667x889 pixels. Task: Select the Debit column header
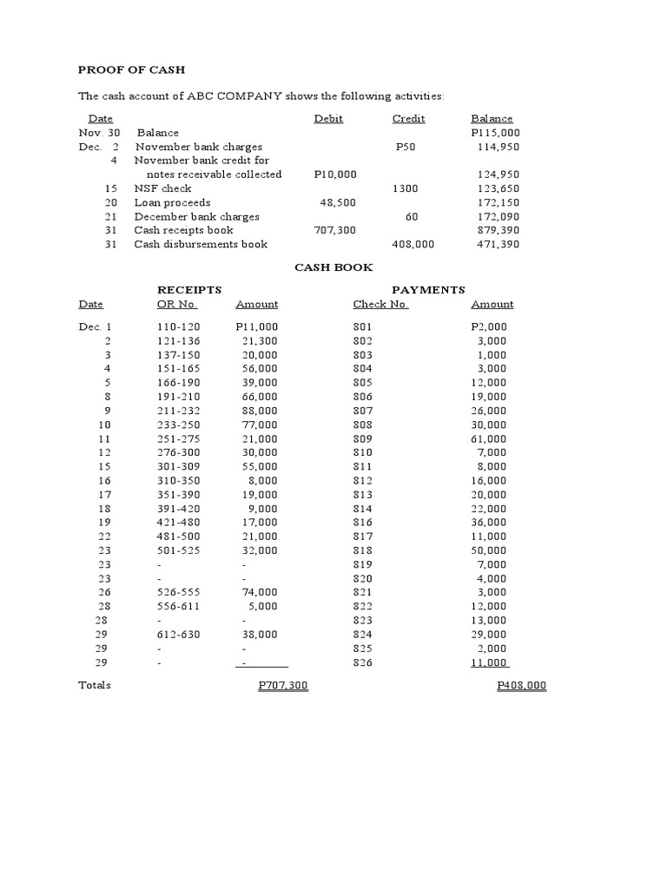(328, 119)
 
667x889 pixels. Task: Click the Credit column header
(408, 119)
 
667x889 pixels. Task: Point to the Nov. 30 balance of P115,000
(495, 133)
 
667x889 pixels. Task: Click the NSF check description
(162, 188)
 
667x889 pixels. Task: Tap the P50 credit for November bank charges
(406, 147)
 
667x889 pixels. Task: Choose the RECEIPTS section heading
(188, 290)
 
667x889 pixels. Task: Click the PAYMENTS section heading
(428, 290)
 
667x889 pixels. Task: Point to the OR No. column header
(176, 305)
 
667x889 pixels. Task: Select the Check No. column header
(380, 305)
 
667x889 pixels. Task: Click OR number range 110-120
(178, 326)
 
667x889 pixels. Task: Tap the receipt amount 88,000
(260, 411)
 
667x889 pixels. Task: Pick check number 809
(362, 438)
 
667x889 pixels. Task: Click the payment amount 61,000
(489, 438)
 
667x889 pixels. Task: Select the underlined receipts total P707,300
(283, 686)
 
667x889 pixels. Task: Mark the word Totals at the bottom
(95, 686)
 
